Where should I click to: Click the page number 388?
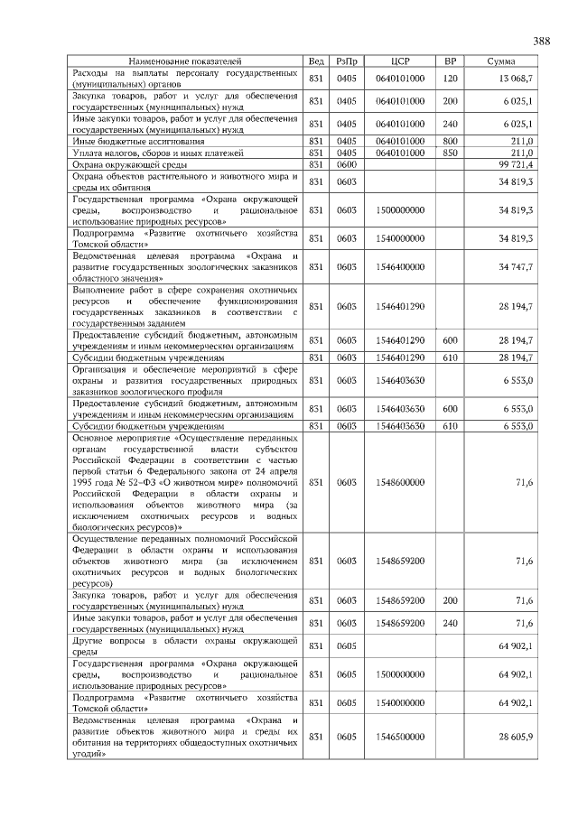[x=542, y=42]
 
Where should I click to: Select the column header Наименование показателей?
[x=184, y=60]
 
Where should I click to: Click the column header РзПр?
[x=347, y=60]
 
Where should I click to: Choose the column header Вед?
[x=316, y=60]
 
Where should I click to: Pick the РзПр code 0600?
[x=347, y=164]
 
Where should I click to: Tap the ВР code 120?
[x=451, y=79]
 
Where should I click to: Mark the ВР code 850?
[x=451, y=153]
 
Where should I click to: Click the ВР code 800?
[x=451, y=141]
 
